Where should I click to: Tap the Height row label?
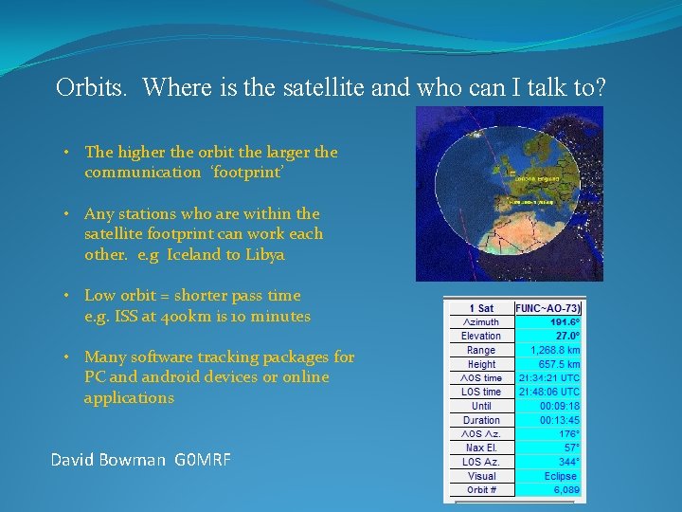(481, 364)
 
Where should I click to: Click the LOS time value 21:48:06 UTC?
(548, 392)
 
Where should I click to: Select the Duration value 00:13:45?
(559, 420)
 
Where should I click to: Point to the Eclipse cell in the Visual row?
(561, 476)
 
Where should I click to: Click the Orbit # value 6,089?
(565, 490)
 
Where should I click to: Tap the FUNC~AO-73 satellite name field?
(547, 307)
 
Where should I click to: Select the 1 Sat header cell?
(481, 307)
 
